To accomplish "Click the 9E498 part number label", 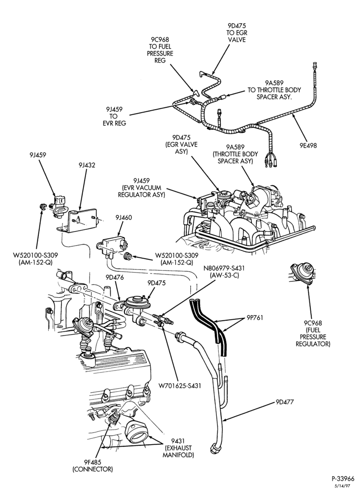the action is click(x=308, y=146).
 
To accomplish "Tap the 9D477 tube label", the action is click(x=285, y=402).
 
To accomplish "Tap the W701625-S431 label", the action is click(x=180, y=385).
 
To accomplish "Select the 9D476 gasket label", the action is click(x=115, y=277).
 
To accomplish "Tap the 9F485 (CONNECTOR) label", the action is click(x=92, y=465).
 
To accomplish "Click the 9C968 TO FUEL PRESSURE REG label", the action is click(x=160, y=50).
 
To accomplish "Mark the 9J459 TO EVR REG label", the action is click(x=114, y=116).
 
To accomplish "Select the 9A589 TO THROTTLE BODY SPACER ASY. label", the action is click(x=274, y=90).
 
